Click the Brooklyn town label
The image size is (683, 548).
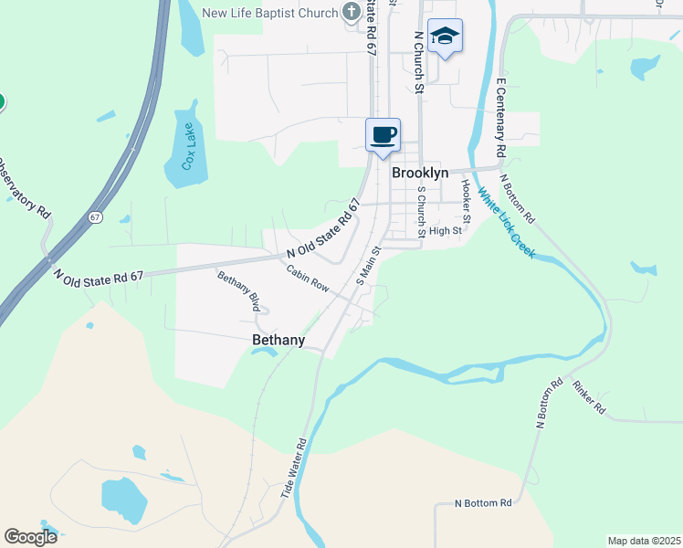(420, 173)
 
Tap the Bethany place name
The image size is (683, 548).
(278, 340)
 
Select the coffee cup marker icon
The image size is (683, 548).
(383, 135)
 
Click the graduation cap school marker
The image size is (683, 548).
(445, 37)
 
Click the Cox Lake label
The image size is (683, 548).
(189, 146)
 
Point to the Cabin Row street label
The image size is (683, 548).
(307, 278)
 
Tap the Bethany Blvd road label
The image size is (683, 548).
(238, 291)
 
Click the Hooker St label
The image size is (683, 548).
(466, 200)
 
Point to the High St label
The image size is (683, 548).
(446, 231)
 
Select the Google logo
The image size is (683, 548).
(31, 536)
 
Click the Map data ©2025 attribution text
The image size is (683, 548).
(643, 541)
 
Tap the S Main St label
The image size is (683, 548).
(367, 264)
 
